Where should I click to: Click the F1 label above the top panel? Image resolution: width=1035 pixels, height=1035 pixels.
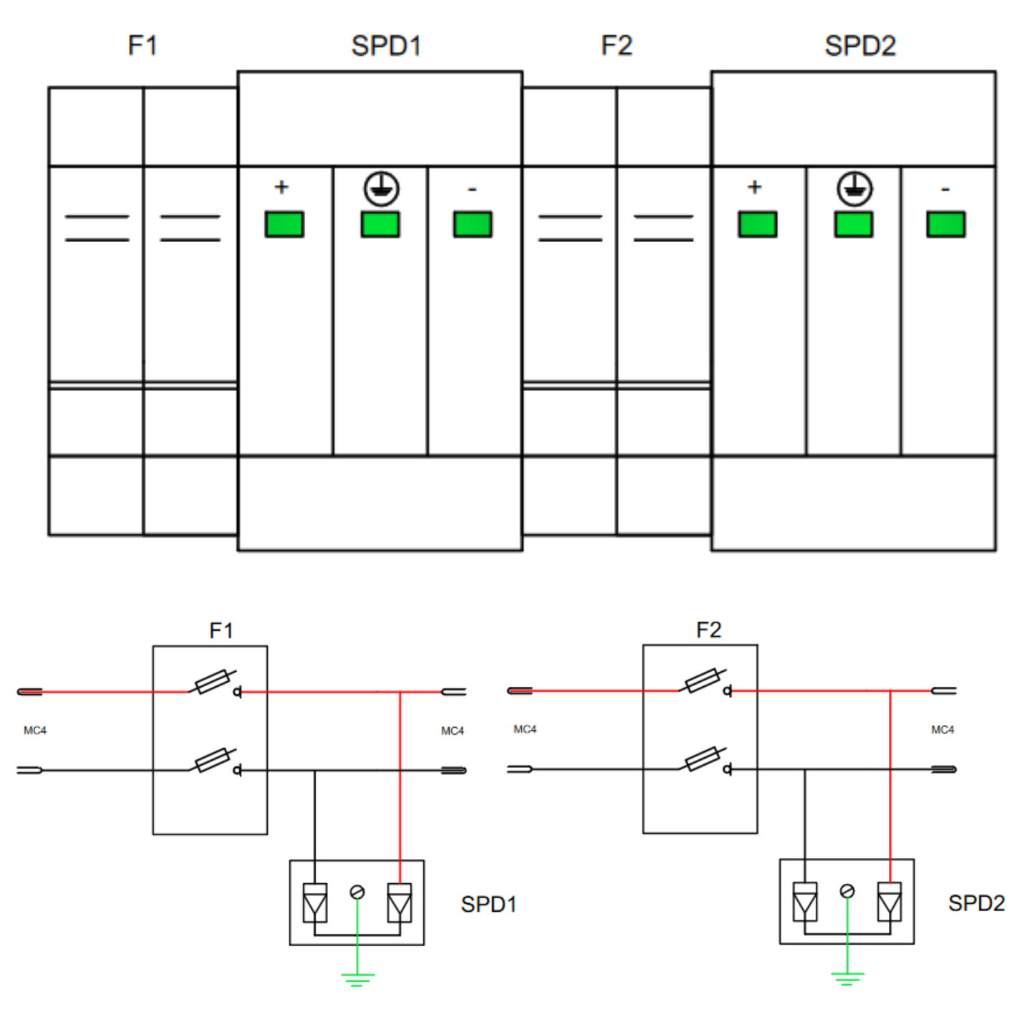142,45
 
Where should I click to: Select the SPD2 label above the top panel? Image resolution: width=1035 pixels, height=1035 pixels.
860,46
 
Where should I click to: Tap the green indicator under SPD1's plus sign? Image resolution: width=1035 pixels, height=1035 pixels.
284,224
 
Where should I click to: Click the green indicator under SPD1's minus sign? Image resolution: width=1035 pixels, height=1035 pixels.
473,224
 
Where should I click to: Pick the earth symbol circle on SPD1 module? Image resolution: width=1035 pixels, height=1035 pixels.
381,189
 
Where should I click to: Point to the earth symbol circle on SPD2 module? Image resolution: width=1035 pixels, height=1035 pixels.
855,189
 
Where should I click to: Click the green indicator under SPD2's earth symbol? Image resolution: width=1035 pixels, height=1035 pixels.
853,224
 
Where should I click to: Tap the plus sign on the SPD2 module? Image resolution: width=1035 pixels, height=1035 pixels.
754,187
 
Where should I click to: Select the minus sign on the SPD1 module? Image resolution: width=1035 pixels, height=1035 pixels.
472,189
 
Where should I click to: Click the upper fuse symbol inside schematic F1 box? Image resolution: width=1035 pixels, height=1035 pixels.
213,682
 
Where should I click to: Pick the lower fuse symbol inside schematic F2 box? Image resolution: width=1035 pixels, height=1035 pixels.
703,759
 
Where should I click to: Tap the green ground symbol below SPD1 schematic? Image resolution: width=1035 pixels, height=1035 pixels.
357,978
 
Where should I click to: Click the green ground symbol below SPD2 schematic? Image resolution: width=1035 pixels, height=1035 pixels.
847,978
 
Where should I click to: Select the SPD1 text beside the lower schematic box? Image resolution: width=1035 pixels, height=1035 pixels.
488,904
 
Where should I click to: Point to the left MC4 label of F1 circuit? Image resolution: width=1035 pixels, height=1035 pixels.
35,731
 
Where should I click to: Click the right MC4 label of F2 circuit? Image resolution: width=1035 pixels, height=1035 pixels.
942,729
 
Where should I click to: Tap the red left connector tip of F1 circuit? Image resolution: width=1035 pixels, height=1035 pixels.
30,691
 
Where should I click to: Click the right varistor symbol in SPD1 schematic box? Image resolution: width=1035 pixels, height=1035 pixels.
399,902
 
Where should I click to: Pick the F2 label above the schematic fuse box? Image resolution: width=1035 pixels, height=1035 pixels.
708,630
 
